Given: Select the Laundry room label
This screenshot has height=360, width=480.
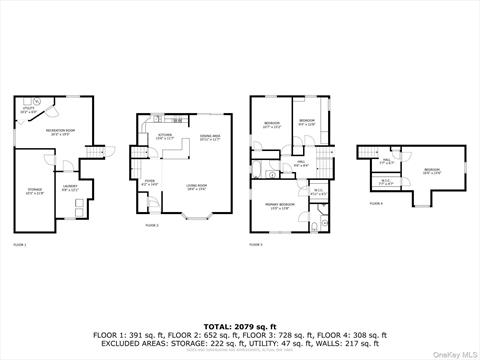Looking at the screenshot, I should (70, 187).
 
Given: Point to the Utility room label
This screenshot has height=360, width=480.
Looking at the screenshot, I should (28, 112).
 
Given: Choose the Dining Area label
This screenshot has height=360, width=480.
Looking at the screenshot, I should (210, 137).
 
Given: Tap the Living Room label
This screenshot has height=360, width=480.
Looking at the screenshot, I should (195, 187).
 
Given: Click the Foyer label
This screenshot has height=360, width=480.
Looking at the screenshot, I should (150, 184).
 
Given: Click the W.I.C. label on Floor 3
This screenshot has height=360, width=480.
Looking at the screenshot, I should (317, 192).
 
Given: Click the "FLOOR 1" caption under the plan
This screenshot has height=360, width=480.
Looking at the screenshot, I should (20, 244).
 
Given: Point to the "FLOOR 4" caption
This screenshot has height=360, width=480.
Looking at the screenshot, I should (375, 203).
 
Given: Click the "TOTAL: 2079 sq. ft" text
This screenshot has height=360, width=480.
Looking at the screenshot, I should (239, 325).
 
